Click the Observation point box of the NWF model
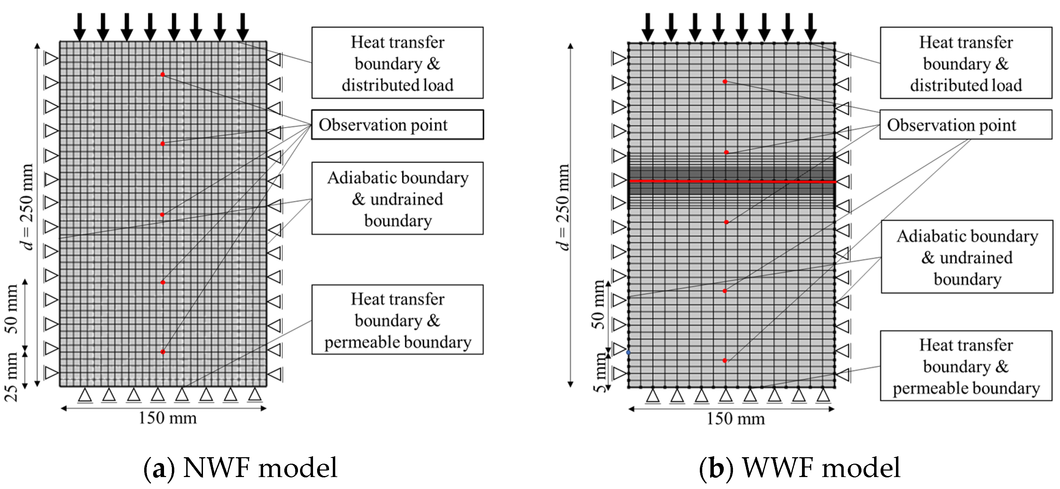point(397,125)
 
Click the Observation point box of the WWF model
point(965,125)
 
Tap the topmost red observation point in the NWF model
point(163,75)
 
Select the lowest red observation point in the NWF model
point(163,352)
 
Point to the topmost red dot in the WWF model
point(725,81)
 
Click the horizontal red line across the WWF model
point(732,181)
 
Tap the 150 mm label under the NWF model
point(167,418)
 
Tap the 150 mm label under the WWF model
point(736,419)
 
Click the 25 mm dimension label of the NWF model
point(11,376)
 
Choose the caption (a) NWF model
point(240,468)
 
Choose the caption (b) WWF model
point(799,468)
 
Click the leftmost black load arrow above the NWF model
point(79,27)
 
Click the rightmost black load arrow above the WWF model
point(811,27)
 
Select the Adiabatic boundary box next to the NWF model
point(397,198)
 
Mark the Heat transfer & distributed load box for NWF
point(397,63)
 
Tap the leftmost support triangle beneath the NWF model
point(85,396)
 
